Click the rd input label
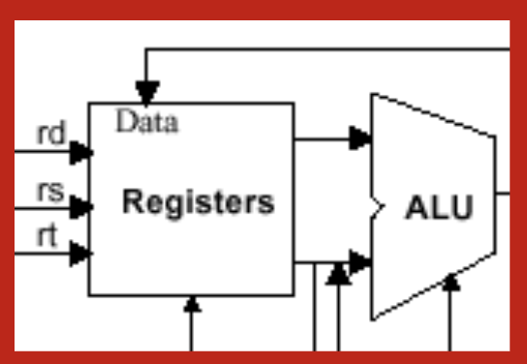click(51, 135)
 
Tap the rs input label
click(51, 192)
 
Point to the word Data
click(147, 122)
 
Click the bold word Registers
click(199, 203)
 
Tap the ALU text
click(439, 208)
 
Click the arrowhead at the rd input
click(82, 152)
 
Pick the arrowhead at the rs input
click(82, 206)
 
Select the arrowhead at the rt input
click(82, 254)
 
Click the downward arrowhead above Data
click(146, 93)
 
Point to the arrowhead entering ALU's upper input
click(360, 137)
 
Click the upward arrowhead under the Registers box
click(192, 305)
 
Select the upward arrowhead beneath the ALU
click(449, 283)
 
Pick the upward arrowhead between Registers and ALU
click(338, 276)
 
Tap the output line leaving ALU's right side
click(503, 192)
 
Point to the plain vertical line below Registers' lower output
click(315, 310)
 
